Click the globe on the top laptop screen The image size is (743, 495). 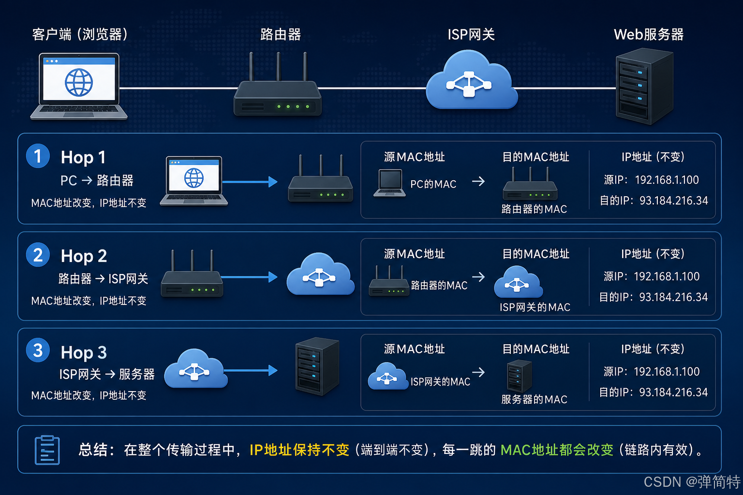point(79,82)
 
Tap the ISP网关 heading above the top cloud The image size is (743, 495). point(471,34)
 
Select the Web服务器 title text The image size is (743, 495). point(649,34)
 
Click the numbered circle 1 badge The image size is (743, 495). point(38,156)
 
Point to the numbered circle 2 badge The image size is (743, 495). point(38,255)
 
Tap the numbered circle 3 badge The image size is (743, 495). point(38,350)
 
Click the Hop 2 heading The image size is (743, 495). point(84,256)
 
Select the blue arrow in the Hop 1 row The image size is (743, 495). point(250,182)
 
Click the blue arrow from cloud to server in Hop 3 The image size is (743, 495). point(251,370)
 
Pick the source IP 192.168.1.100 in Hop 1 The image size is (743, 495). point(667,180)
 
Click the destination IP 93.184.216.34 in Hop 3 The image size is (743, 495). point(673,392)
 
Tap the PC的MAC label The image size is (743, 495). point(433,184)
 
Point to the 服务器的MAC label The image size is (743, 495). point(534,399)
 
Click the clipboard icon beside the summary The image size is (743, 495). point(47,450)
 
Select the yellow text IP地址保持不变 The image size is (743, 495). point(299,450)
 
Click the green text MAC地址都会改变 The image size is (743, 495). point(557,450)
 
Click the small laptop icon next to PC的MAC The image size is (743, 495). point(390,183)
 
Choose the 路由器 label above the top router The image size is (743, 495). point(281,34)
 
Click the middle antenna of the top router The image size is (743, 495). point(278,66)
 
